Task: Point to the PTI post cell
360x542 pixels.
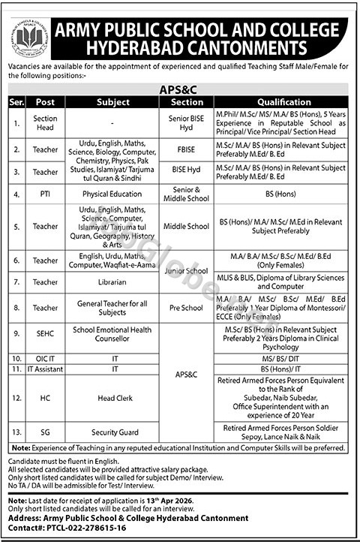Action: click(46, 194)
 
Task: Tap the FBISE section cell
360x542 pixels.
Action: click(187, 149)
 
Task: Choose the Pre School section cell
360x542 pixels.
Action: click(187, 307)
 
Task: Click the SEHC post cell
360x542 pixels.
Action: click(46, 334)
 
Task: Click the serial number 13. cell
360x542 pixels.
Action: click(16, 433)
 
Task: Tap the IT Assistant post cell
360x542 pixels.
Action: click(46, 370)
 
